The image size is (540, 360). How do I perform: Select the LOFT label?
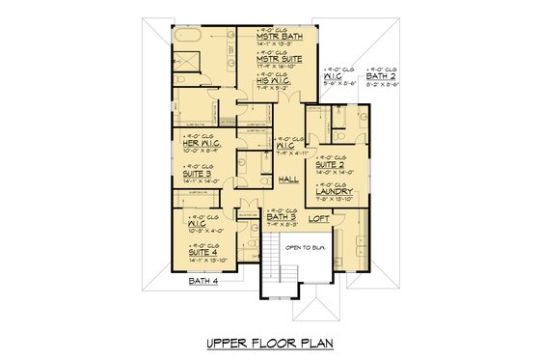coord(317,219)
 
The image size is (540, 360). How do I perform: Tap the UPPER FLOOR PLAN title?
coord(269,343)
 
